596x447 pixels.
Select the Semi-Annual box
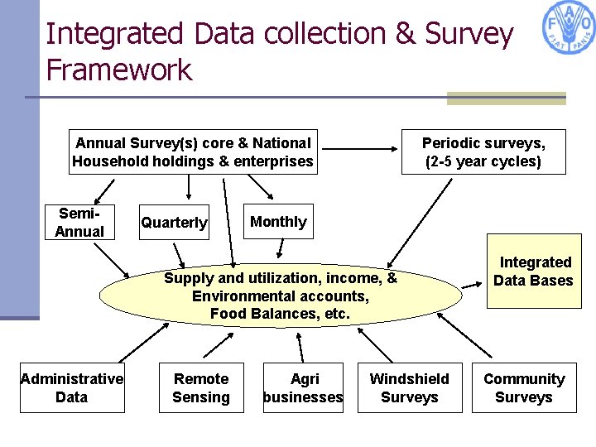pos(79,223)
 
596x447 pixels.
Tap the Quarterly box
pos(174,223)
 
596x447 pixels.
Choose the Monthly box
pos(278,221)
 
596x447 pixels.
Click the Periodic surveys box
pos(483,151)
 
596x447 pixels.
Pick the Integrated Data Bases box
pos(533,272)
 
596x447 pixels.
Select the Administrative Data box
pos(72,387)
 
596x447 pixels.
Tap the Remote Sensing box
pos(201,387)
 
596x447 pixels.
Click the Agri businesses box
pos(303,387)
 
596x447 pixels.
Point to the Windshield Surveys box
pos(409,387)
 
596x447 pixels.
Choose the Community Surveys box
pos(523,387)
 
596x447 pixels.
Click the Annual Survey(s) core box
pos(193,151)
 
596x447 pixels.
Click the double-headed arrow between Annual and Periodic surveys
pos(360,150)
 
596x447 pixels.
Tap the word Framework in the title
pos(118,70)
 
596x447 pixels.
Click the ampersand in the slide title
pos(405,34)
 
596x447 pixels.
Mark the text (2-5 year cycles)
pos(483,161)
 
